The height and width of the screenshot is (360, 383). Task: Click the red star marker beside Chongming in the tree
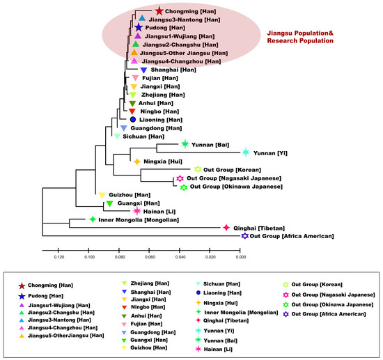(159, 11)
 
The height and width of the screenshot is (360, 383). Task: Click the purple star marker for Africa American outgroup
(244, 237)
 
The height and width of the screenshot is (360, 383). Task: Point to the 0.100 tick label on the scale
(89, 257)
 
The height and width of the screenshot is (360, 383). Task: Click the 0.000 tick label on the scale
(241, 257)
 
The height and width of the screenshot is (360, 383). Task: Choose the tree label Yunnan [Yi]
(274, 152)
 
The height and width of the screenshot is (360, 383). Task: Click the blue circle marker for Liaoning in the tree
(132, 120)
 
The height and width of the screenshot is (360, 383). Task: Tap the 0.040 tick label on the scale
(180, 257)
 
